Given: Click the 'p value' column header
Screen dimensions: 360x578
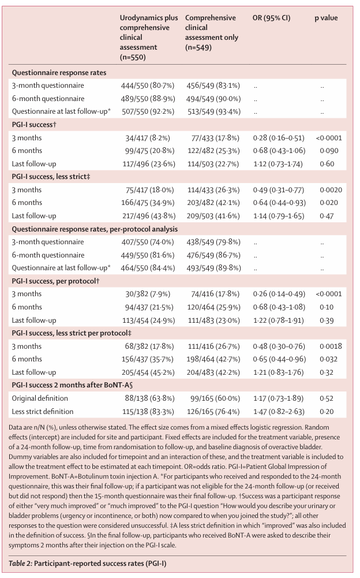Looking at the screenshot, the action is pos(326,18).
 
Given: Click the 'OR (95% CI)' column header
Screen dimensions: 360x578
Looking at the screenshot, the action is pos(271,18).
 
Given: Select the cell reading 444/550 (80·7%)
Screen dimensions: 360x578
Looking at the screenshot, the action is pos(148,85).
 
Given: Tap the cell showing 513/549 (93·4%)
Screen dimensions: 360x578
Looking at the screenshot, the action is pos(213,111).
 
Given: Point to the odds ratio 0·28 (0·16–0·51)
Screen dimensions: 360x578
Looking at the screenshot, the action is pos(279,138).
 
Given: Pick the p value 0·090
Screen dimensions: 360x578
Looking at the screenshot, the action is pos(329,151).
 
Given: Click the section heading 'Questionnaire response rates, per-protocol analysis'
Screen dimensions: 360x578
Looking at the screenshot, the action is pos(95,229).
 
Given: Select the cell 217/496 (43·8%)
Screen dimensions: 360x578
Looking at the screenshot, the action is pos(149,216).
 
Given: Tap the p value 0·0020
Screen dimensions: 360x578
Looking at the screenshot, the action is pos(331,190).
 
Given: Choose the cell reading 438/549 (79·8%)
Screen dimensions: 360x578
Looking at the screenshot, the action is pos(213,242).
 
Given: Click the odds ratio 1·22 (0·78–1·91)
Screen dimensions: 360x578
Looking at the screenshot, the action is pos(279,320).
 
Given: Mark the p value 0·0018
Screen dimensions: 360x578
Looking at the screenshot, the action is pos(331,346).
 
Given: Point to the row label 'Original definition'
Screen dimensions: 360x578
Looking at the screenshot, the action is pos(40,398).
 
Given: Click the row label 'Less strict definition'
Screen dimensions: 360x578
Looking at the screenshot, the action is pos(43,412).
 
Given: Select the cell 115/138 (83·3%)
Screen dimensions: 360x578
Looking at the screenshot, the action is pos(148,412).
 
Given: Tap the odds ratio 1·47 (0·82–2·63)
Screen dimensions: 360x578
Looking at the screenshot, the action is pos(279,412).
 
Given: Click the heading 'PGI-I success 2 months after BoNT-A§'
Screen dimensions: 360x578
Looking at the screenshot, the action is pos(72,385).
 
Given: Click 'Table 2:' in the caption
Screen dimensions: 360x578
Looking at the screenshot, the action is pos(20,563).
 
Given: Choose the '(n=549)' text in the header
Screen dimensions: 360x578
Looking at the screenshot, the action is pos(198,47).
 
